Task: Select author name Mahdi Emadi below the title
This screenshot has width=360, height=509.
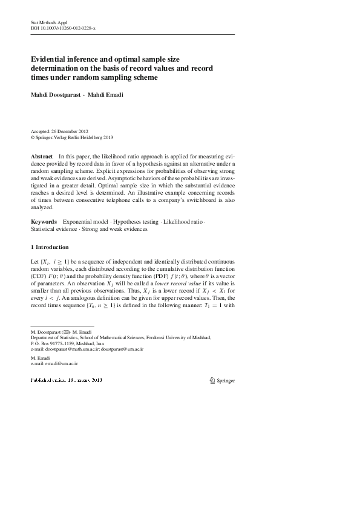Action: click(x=105, y=95)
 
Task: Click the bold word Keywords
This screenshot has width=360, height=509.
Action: click(x=44, y=222)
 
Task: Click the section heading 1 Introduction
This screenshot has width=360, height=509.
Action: click(x=50, y=247)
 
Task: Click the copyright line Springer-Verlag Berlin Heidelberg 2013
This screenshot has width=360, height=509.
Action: click(x=74, y=137)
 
